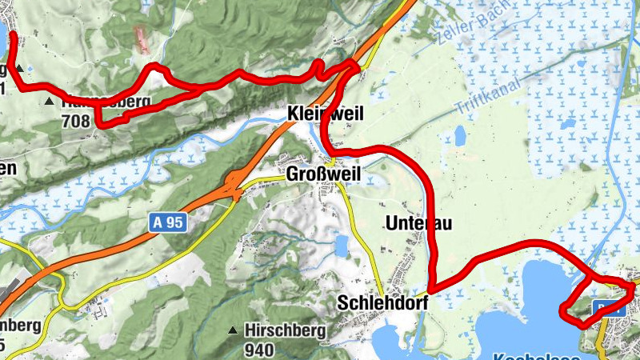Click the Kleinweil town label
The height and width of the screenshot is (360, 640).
tap(325, 115)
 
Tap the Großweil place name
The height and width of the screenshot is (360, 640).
tap(324, 174)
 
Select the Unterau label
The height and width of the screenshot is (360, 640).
tap(418, 223)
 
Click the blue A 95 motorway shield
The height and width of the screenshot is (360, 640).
tap(168, 224)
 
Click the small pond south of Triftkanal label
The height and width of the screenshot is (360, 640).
tap(461, 136)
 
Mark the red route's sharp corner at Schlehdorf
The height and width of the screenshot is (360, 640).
tap(430, 290)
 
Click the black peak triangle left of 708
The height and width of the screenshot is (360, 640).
tap(50, 102)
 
